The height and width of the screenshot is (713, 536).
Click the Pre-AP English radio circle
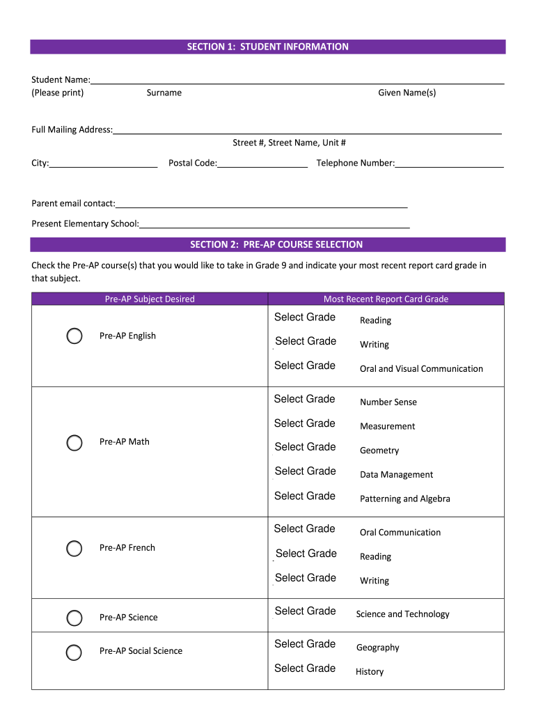74,336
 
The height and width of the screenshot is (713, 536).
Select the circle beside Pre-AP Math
74,442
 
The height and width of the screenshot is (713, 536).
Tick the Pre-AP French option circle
74,548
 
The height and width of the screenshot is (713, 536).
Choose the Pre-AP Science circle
74,618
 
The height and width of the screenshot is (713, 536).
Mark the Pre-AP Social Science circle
74,652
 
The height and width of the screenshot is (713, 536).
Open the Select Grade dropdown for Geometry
305,447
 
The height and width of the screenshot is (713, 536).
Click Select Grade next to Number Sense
305,399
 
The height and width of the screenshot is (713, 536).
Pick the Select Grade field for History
305,668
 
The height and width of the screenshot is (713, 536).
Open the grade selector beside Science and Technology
305,611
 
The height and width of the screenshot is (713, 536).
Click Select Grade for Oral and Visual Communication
305,366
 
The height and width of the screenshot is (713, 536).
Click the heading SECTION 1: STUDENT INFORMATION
268,47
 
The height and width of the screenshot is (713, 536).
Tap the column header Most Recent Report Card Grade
386,299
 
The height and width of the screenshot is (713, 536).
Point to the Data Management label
396,475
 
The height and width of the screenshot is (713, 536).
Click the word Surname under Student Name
164,93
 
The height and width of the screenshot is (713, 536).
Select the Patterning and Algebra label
404,499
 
